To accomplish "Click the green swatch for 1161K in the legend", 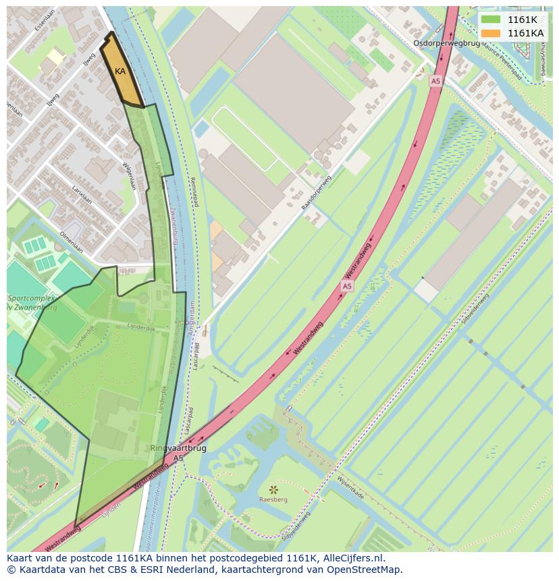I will (491, 20).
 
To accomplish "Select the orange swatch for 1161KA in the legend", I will (491, 33).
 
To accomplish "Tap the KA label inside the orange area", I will (120, 72).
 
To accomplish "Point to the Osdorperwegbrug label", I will (446, 43).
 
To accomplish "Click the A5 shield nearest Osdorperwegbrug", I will (435, 81).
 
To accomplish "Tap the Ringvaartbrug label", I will (178, 447).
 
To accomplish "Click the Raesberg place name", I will (273, 500).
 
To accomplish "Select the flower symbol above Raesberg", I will (273, 489).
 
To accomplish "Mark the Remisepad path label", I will (194, 192).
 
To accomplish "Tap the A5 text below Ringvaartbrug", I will (178, 458).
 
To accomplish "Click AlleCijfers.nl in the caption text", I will (353, 558).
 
